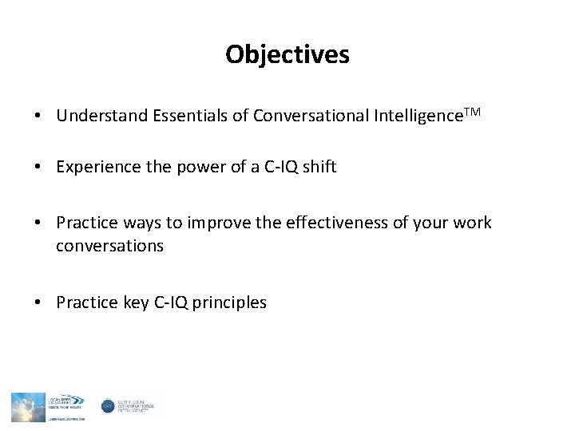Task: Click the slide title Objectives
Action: click(287, 54)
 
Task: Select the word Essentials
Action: click(189, 117)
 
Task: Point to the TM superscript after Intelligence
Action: click(472, 113)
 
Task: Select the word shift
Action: click(319, 167)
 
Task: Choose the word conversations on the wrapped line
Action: click(109, 246)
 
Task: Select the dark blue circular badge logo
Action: click(108, 406)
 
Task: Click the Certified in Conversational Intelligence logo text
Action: click(137, 406)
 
